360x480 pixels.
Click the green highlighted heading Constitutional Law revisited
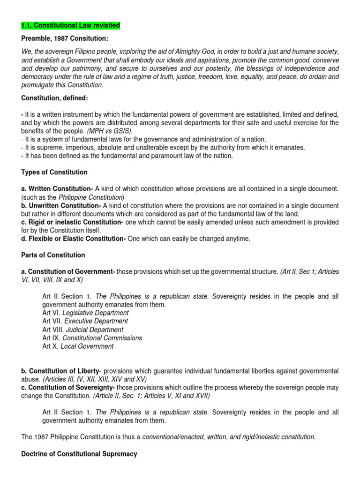[x=70, y=25]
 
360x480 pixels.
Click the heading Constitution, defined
[x=54, y=98]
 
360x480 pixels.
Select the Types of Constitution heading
[x=54, y=172]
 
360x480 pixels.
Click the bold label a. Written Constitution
[x=57, y=188]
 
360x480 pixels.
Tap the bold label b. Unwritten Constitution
[x=61, y=205]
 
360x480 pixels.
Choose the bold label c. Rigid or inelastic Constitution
[x=72, y=222]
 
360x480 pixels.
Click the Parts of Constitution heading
[x=53, y=255]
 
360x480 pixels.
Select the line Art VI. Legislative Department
[x=85, y=313]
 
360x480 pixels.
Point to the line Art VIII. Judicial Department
[x=82, y=330]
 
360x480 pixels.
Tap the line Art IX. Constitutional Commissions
[x=92, y=338]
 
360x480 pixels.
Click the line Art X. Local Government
[x=78, y=346]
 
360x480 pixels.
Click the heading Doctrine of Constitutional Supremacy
[x=79, y=454]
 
